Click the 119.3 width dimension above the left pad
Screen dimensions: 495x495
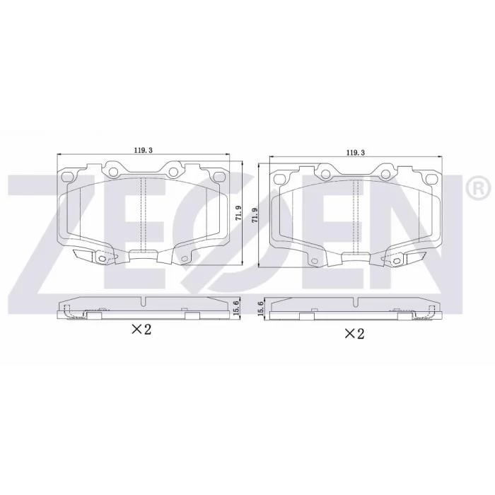click(x=144, y=150)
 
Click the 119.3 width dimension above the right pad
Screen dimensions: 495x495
click(x=356, y=153)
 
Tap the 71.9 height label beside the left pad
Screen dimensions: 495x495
click(x=238, y=213)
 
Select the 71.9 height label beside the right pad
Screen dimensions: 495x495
click(x=255, y=215)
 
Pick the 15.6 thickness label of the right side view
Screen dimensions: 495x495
click(x=260, y=308)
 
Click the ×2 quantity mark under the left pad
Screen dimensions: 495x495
click(x=141, y=330)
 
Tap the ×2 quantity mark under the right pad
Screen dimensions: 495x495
click(x=354, y=333)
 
